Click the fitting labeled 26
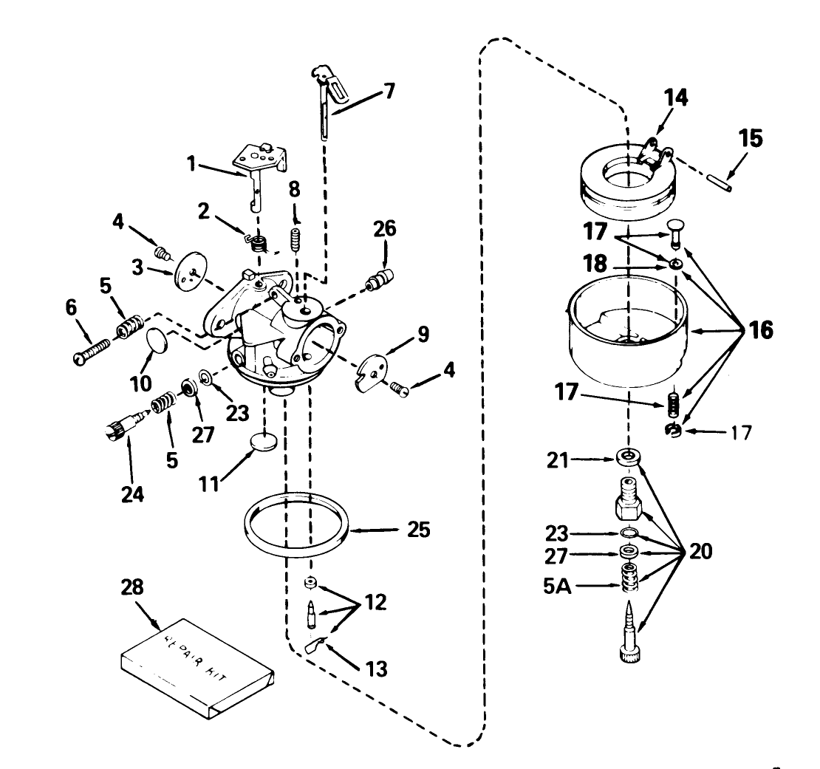tap(381, 280)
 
